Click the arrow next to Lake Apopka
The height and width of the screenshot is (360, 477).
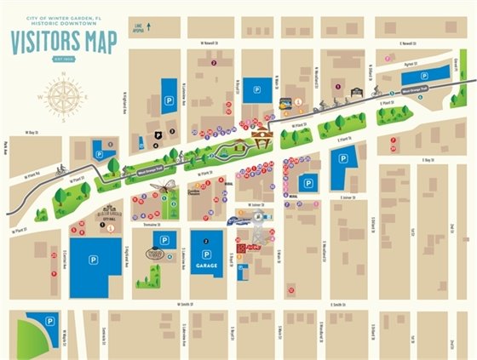[149, 26]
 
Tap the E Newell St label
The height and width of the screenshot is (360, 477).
[411, 40]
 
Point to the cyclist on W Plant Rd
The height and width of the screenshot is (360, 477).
[61, 169]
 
